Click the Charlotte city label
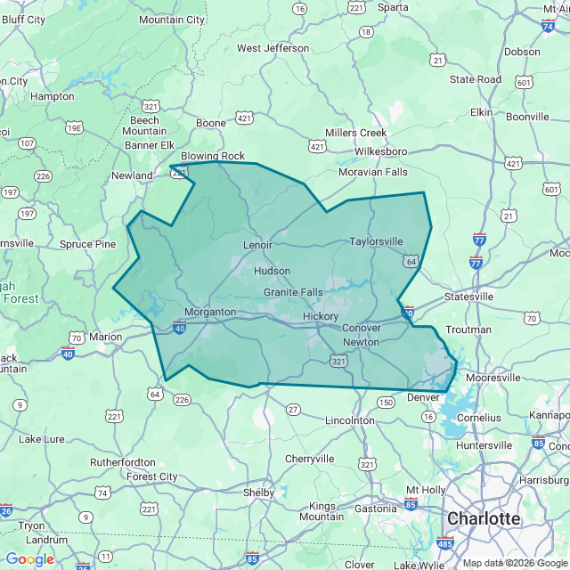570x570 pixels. tap(484, 518)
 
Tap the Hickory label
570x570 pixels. tap(321, 316)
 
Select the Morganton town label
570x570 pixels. tap(210, 313)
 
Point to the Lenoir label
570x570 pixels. tap(257, 244)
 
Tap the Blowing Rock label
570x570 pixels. tap(213, 156)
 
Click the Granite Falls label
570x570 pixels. tap(293, 292)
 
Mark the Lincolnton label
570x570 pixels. tap(350, 419)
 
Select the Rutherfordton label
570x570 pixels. tap(122, 462)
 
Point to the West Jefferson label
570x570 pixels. tap(273, 48)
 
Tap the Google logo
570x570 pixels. tap(29, 558)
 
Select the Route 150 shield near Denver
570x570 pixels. tap(386, 403)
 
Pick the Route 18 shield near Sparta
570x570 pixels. tap(364, 33)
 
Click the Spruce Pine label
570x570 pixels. tap(87, 244)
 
